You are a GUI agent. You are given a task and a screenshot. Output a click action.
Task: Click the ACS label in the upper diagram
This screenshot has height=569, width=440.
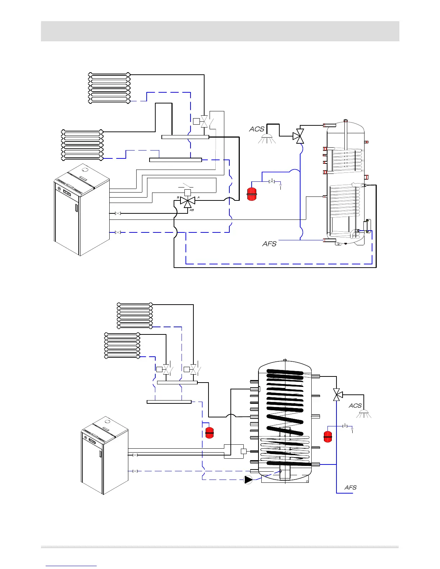point(257,129)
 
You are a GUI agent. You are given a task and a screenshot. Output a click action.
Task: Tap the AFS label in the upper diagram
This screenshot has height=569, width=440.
point(269,244)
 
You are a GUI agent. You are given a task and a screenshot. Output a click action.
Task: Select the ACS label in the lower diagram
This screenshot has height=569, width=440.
point(355,406)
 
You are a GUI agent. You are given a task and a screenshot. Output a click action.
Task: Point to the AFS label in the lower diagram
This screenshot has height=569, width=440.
point(350,487)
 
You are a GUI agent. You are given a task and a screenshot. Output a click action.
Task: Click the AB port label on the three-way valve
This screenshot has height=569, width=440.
point(192,210)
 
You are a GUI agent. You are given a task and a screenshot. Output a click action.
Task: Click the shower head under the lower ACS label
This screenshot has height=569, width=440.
point(364,413)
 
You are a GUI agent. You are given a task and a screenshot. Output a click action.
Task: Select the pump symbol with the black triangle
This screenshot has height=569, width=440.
point(248,480)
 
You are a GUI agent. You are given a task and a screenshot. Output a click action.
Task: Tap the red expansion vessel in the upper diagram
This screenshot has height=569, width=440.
point(252,194)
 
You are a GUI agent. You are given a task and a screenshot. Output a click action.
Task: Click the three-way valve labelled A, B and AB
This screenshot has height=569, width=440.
point(187,201)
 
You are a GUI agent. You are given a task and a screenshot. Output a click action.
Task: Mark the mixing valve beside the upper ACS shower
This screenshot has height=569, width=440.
point(298,136)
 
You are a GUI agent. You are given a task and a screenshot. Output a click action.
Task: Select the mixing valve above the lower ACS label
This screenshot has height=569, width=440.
point(337,395)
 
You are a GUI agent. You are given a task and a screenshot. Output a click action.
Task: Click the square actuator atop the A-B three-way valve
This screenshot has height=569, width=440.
point(187,193)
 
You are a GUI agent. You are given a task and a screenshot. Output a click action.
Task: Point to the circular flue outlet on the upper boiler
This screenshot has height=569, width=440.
point(85,169)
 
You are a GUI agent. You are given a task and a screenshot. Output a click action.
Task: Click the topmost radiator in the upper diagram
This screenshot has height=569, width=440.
point(109,88)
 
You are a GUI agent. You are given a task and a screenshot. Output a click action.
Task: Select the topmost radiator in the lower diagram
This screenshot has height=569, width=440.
point(135,315)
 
